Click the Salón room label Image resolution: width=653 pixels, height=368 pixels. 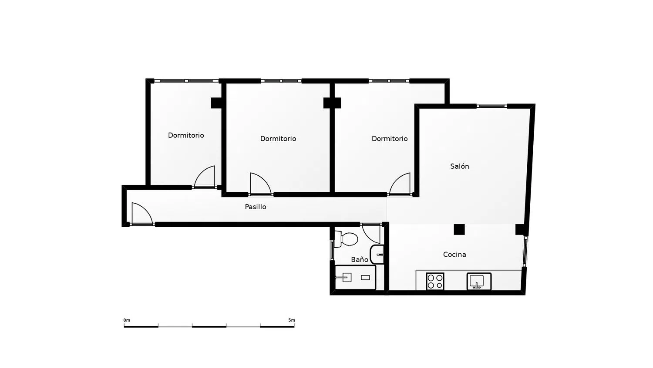pyautogui.click(x=459, y=166)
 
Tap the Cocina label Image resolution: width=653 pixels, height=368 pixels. pyautogui.click(x=454, y=255)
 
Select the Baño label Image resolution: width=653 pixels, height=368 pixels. pyautogui.click(x=360, y=259)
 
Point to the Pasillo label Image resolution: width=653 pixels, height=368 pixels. pyautogui.click(x=256, y=207)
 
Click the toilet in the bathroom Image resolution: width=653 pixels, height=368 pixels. pyautogui.click(x=346, y=239)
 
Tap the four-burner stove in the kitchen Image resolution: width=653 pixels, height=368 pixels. pyautogui.click(x=435, y=282)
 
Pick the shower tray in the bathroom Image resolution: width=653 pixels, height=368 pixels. pyautogui.click(x=355, y=277)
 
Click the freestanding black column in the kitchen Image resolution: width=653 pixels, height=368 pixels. pyautogui.click(x=459, y=229)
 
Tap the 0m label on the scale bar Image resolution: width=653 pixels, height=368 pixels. pyautogui.click(x=127, y=320)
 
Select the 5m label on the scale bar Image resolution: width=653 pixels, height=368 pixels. pyautogui.click(x=292, y=320)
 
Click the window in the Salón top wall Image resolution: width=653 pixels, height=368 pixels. pyautogui.click(x=492, y=106)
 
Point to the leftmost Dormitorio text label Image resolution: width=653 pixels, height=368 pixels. pyautogui.click(x=186, y=135)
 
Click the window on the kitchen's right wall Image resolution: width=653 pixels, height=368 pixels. pyautogui.click(x=525, y=251)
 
